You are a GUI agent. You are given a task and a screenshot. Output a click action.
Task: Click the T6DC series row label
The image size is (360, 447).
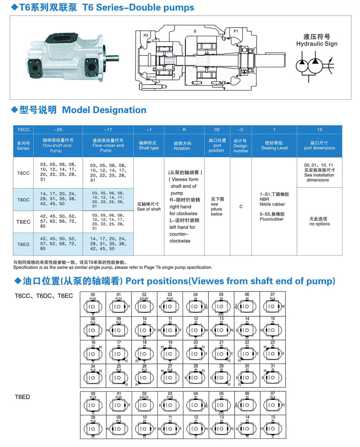click(23, 199)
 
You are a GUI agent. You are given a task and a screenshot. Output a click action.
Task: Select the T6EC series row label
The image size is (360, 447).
click(23, 222)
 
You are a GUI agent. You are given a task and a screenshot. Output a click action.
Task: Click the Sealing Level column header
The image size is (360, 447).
click(274, 146)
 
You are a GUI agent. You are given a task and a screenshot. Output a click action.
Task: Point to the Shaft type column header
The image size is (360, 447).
click(149, 146)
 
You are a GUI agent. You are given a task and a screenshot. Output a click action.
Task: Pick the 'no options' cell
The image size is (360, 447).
click(320, 221)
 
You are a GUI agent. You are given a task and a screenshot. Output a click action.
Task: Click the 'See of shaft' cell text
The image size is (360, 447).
click(149, 207)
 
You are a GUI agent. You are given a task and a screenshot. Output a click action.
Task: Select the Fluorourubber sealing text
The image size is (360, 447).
click(272, 219)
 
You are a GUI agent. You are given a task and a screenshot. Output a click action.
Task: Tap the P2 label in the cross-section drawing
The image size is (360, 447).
click(146, 35)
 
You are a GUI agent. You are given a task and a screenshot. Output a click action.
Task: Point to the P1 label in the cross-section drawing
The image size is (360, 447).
click(236, 31)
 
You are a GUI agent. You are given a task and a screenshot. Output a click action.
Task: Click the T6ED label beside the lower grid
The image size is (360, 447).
click(22, 397)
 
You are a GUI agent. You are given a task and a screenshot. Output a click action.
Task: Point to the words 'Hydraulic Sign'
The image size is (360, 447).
click(317, 44)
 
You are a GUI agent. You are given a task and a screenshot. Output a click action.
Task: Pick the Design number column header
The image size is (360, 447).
click(240, 146)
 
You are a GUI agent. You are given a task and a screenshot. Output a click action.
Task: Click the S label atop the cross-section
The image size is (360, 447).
click(195, 31)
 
